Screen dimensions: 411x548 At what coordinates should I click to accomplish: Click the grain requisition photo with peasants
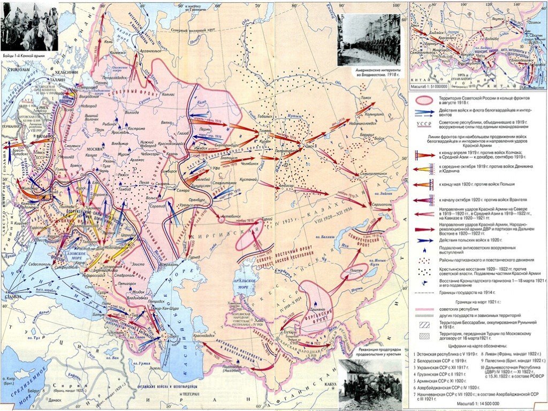[370, 380]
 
